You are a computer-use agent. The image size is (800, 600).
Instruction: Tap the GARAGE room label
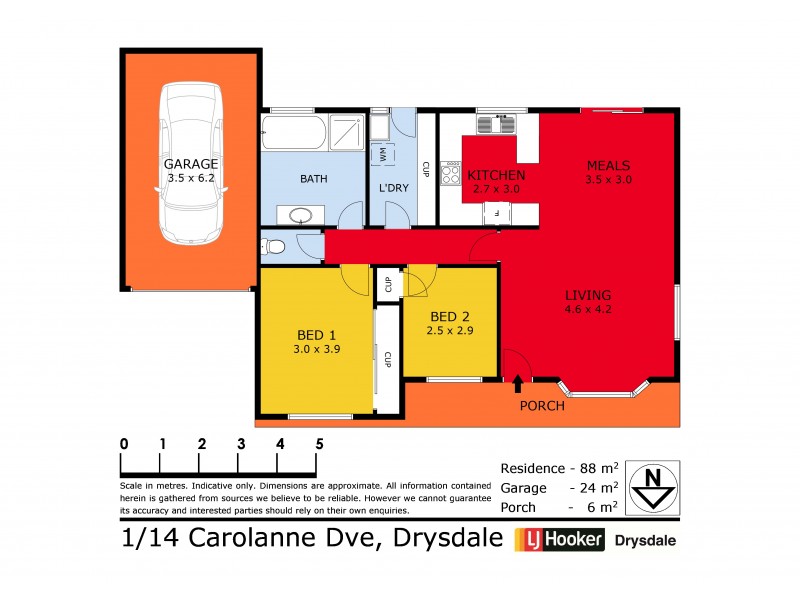pos(191,164)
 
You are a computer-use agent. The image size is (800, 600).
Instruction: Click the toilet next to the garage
pos(275,245)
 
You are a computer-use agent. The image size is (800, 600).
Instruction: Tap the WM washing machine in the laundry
pos(381,155)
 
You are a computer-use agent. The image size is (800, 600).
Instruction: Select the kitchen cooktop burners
pos(449,175)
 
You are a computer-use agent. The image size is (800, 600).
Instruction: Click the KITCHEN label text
pos(497,175)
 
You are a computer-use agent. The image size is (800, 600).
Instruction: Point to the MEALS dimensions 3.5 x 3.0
pos(607,180)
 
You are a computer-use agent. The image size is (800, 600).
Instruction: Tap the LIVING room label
pos(588,295)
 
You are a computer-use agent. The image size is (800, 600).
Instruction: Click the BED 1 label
pos(317,335)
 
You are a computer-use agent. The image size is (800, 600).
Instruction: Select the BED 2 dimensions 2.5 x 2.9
pos(449,330)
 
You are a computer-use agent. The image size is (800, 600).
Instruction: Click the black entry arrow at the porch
pos(517,382)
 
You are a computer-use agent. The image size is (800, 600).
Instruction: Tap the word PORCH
pos(542,406)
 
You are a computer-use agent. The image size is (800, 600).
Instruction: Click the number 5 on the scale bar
pos(319,444)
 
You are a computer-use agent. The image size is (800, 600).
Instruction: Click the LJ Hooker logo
pos(559,541)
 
